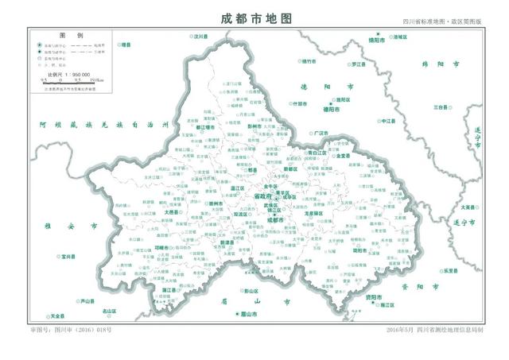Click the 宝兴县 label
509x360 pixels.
(68, 257)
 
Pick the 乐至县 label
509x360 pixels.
(452, 270)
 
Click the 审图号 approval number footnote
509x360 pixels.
(71, 328)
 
